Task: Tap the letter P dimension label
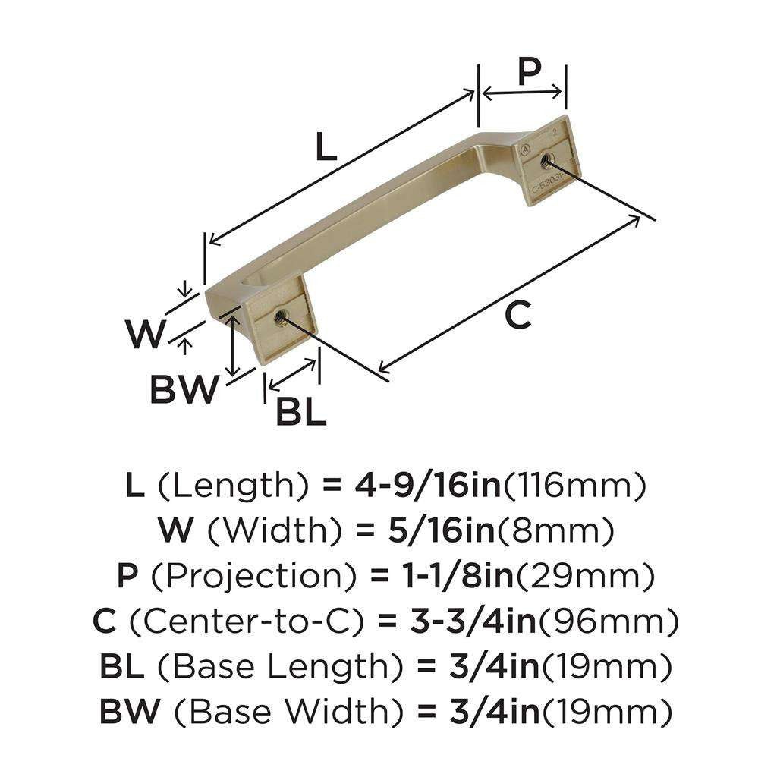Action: [x=529, y=72]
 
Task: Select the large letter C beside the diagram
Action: [x=517, y=315]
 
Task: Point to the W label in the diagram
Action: [x=145, y=334]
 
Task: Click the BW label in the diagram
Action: [x=184, y=391]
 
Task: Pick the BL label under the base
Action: [x=300, y=412]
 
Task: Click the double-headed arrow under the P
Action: [x=524, y=93]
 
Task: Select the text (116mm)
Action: [x=574, y=486]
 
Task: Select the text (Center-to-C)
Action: [x=242, y=622]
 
